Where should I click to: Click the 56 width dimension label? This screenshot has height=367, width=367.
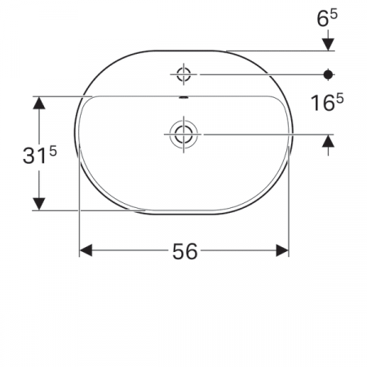tap(185, 251)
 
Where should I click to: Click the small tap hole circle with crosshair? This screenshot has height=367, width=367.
tap(183, 75)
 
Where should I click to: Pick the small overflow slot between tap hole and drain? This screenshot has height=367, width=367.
tap(183, 98)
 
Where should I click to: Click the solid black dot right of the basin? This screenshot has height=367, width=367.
tap(329, 74)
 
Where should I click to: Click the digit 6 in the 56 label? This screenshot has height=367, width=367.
tap(192, 251)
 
